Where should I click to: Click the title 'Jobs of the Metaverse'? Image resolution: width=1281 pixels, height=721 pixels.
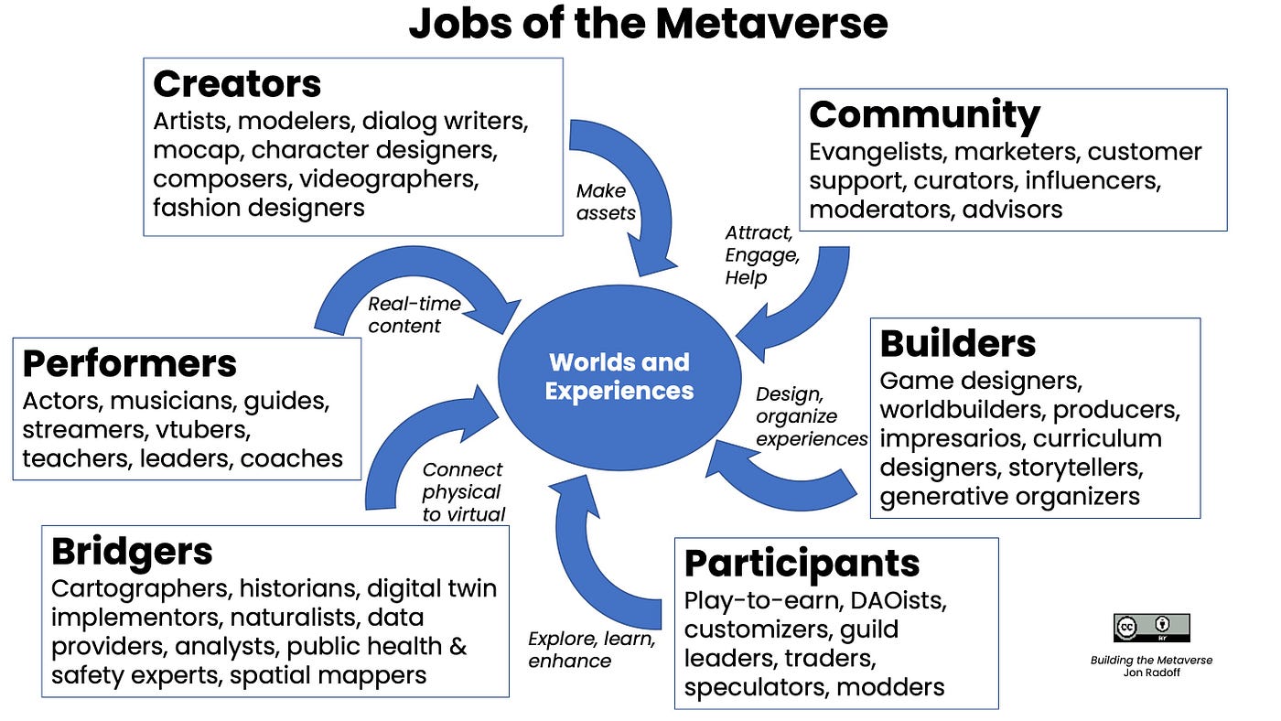[x=648, y=24]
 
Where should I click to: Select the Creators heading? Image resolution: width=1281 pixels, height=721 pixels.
[x=237, y=84]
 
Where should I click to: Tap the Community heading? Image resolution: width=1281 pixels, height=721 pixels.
[x=924, y=114]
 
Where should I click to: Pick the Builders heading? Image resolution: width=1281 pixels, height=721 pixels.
[x=957, y=343]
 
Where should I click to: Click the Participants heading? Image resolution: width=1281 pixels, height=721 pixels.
[x=802, y=563]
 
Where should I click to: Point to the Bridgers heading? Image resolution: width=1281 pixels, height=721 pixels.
[x=132, y=551]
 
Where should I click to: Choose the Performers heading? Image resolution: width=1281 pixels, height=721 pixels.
[x=129, y=363]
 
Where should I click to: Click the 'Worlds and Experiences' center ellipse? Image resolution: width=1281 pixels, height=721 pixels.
[x=619, y=376]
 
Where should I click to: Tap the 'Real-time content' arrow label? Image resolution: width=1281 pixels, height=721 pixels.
[x=414, y=315]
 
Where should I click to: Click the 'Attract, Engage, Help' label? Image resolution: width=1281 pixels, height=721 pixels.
[x=762, y=254]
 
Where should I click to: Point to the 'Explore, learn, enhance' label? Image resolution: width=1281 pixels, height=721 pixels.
[x=591, y=650]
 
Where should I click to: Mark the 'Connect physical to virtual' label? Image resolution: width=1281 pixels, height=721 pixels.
[x=463, y=492]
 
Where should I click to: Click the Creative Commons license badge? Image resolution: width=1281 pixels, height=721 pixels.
[x=1151, y=628]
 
